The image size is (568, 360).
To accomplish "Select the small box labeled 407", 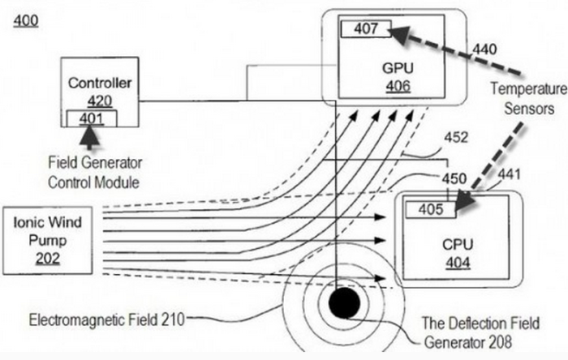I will coord(365,28).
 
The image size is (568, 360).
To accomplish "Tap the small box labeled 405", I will coord(430,209).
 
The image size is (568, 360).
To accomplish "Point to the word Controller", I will coord(100,83).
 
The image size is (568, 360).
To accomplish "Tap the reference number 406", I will coord(398,85).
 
